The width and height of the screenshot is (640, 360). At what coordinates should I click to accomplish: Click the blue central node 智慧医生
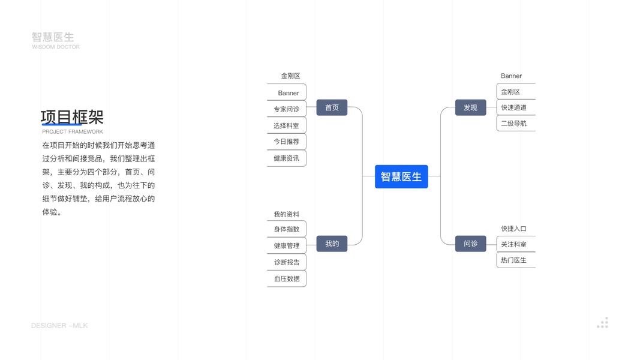click(401, 176)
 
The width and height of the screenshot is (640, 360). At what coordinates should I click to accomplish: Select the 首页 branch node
click(332, 107)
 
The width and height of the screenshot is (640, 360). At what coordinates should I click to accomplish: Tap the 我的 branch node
click(332, 244)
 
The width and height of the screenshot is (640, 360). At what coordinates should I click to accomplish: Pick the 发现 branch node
click(470, 107)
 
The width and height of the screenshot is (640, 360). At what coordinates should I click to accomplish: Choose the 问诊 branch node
click(470, 244)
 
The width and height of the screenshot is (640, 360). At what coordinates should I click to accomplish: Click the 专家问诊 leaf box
click(287, 109)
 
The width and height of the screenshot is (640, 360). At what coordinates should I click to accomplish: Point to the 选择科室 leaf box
click(287, 125)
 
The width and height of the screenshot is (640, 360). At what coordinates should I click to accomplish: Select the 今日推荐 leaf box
click(287, 142)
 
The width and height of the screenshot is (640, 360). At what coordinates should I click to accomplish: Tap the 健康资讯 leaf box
click(287, 158)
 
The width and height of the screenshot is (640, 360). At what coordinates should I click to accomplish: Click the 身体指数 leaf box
click(287, 229)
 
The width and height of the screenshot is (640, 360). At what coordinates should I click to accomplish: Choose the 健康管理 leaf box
click(287, 245)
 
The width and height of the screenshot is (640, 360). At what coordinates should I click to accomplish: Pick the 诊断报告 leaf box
click(287, 262)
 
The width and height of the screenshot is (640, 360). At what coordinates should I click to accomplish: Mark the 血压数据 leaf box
click(287, 278)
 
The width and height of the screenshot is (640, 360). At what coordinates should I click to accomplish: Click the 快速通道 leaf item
click(515, 108)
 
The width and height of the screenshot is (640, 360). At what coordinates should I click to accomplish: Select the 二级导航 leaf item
click(515, 124)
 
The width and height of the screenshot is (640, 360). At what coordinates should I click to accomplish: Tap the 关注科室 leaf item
click(515, 245)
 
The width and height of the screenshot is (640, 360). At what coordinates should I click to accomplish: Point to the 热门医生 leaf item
click(515, 260)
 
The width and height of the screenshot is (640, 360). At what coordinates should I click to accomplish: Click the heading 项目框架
click(72, 117)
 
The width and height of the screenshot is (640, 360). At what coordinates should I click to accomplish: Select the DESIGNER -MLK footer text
click(59, 326)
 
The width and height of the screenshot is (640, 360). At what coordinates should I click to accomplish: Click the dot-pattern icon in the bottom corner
click(603, 323)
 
